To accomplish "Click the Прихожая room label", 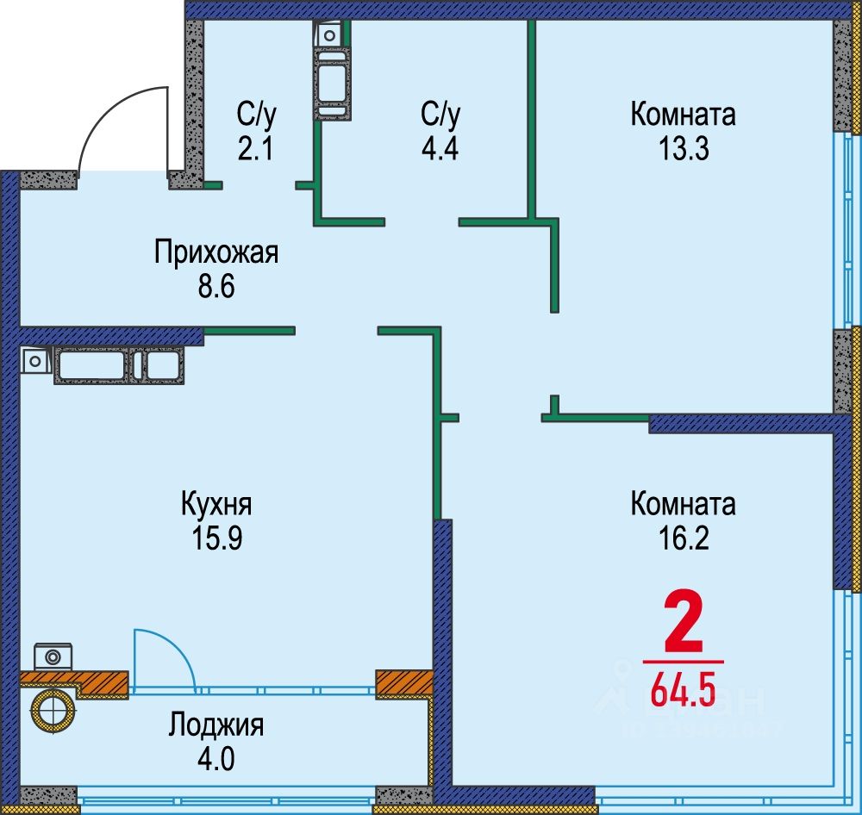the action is point(216,253).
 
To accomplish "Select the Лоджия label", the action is point(215,725).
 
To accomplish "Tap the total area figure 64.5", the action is point(683,692).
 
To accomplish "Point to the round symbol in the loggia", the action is point(53,711).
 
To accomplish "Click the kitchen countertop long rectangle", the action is point(92,364).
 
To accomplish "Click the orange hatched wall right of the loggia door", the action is point(403,683).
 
